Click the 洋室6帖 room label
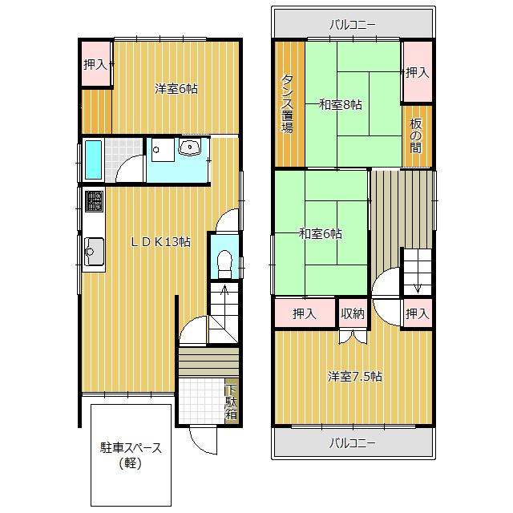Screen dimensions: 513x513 (x=176, y=89)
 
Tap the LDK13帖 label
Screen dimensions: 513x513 (x=160, y=242)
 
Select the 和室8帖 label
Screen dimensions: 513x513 (x=340, y=105)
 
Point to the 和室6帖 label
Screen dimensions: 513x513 (x=321, y=234)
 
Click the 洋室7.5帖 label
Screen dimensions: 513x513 (x=354, y=377)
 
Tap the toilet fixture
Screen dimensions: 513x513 (x=224, y=265)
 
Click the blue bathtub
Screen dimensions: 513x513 (x=93, y=160)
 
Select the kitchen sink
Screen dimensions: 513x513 (x=94, y=252)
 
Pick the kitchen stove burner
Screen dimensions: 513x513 (x=94, y=201)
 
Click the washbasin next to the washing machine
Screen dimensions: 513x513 (x=189, y=147)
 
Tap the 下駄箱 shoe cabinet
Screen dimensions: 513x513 (x=232, y=402)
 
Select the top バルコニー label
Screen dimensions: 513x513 (x=353, y=25)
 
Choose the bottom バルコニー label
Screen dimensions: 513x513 (x=353, y=443)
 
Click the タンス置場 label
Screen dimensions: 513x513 (x=287, y=103)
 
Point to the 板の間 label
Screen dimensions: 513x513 (x=416, y=135)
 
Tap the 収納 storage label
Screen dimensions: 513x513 (x=353, y=313)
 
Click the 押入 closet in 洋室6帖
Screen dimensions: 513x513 (x=95, y=64)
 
